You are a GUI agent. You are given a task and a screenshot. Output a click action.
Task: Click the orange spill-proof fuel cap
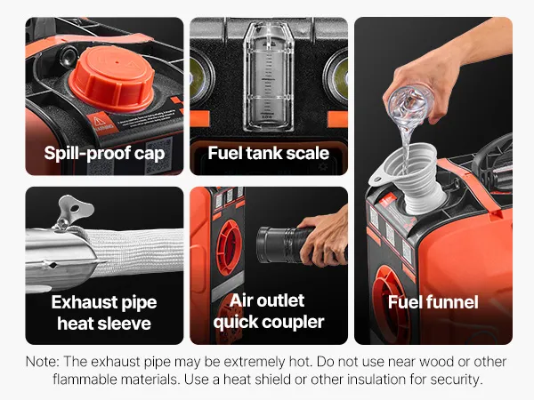tap(112, 80)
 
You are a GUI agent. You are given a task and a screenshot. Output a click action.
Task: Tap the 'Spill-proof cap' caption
tap(104, 153)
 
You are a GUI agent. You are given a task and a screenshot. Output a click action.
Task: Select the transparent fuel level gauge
tap(269, 76)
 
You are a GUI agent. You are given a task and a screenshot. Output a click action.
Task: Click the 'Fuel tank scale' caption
tap(269, 153)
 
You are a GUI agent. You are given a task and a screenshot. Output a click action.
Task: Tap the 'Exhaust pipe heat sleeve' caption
tap(104, 313)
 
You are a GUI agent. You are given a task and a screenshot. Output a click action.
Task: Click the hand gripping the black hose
tap(324, 238)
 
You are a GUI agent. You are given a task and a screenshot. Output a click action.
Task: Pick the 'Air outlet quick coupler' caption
tap(269, 311)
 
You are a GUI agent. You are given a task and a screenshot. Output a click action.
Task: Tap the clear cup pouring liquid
tap(410, 105)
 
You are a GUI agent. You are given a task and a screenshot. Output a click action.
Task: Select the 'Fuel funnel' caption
tap(433, 302)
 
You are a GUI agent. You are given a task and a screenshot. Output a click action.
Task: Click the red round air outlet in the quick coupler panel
tap(229, 247)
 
